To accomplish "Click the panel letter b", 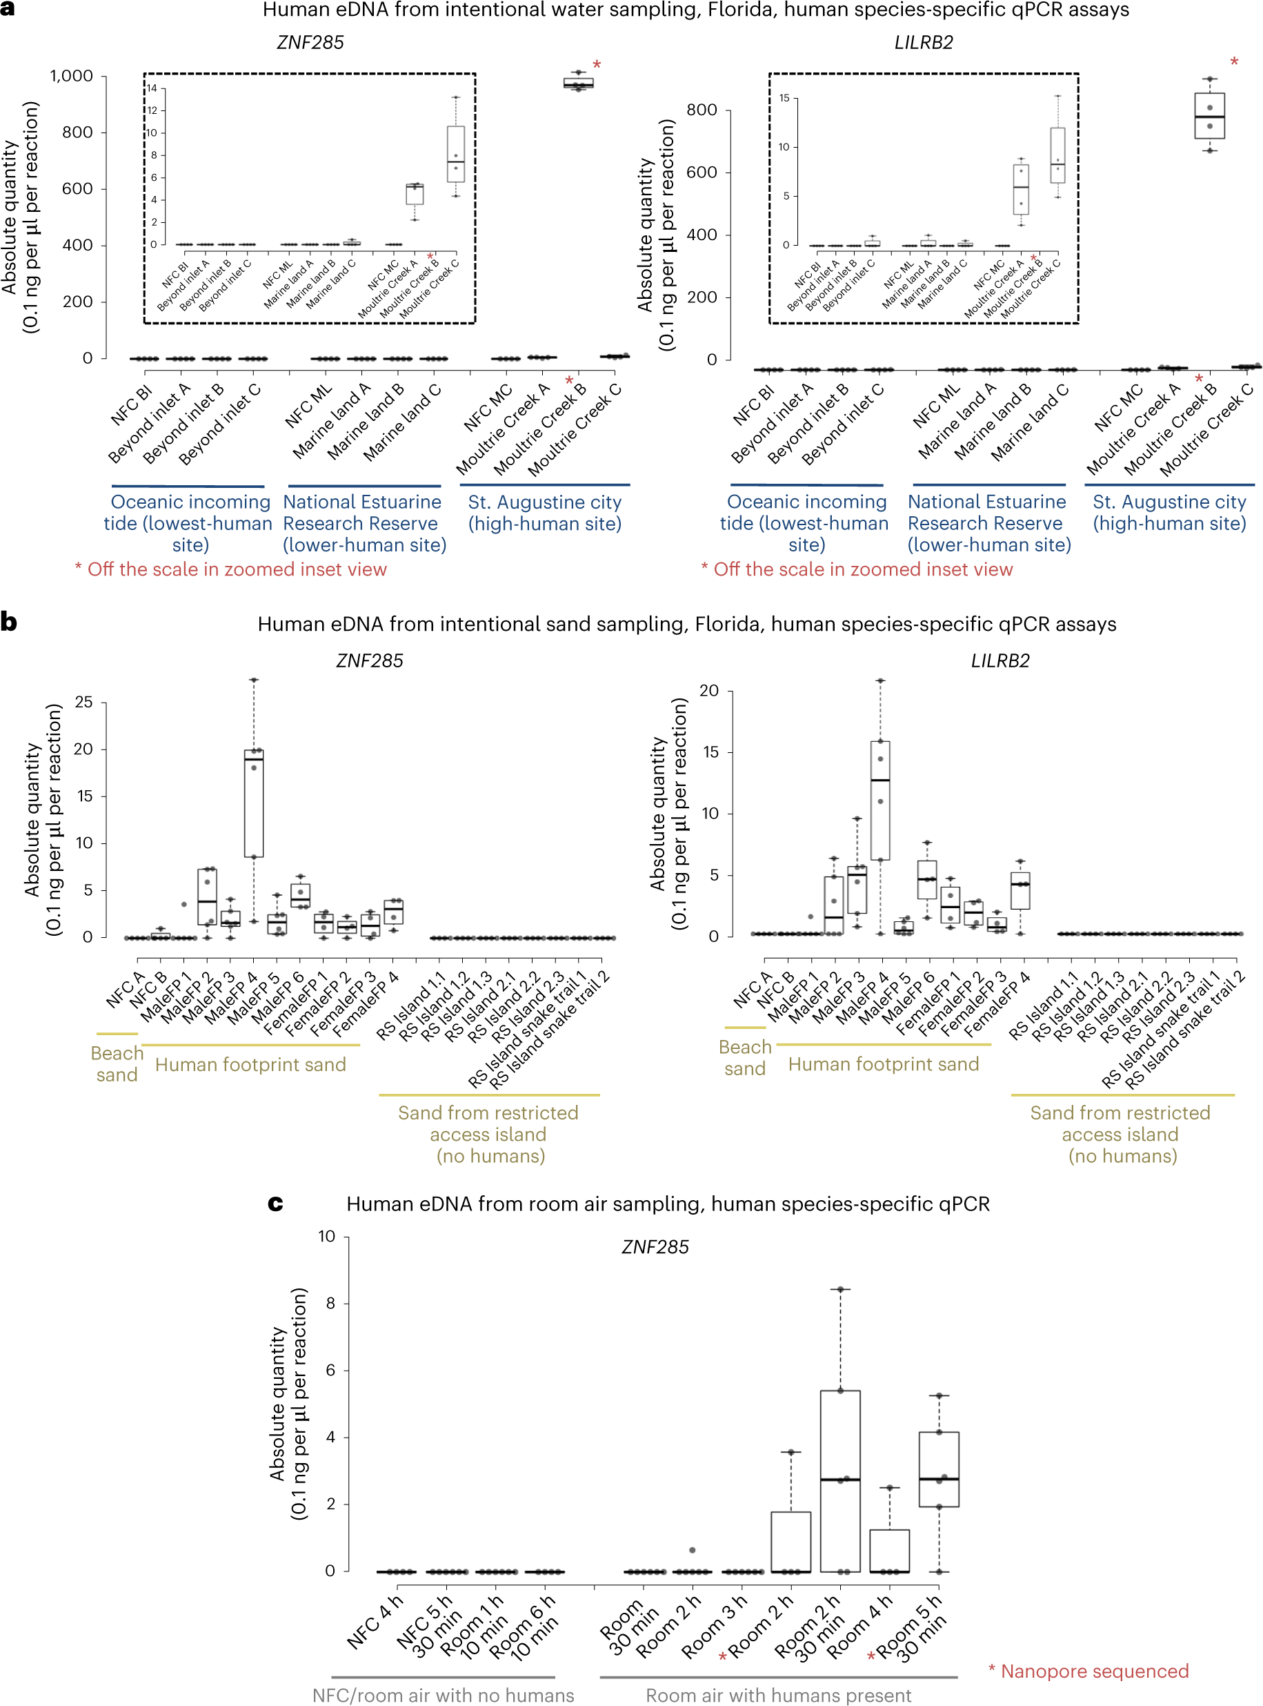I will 8,622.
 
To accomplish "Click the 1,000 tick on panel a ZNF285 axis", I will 71,76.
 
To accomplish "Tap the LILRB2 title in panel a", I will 924,42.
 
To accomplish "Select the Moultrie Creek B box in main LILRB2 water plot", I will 1209,116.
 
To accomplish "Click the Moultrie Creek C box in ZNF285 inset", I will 456,154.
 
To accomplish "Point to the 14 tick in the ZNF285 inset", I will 152,89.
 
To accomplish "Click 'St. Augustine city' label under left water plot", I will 544,502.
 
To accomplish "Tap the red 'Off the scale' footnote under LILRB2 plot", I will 857,569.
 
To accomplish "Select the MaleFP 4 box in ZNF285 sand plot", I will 254,803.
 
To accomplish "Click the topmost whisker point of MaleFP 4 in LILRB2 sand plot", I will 881,680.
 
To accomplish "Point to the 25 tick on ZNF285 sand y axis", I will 83,702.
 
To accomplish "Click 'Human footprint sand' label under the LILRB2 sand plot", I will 883,1064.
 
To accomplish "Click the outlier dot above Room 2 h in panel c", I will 693,1550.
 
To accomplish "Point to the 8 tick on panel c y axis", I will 330,1303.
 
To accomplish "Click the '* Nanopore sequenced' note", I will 1088,1671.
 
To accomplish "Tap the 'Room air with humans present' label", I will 778,1695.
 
